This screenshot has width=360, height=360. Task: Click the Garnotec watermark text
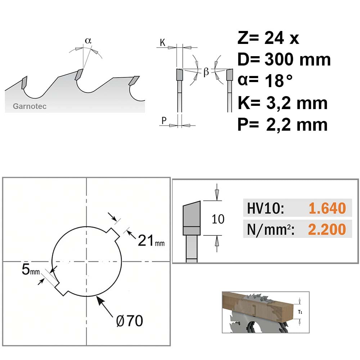pos(30,106)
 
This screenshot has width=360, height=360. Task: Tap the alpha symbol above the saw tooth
pos(88,41)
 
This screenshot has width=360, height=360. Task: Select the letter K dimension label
pos(163,42)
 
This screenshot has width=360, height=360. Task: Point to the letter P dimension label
pos(164,120)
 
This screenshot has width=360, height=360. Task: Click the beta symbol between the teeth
pos(206,72)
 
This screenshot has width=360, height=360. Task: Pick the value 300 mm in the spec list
pos(298,59)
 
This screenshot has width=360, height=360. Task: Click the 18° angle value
pos(279,81)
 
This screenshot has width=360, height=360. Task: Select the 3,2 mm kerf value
pos(297,103)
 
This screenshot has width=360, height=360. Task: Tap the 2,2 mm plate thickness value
pos(297,125)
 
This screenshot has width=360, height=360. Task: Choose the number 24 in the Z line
pos(274,38)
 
